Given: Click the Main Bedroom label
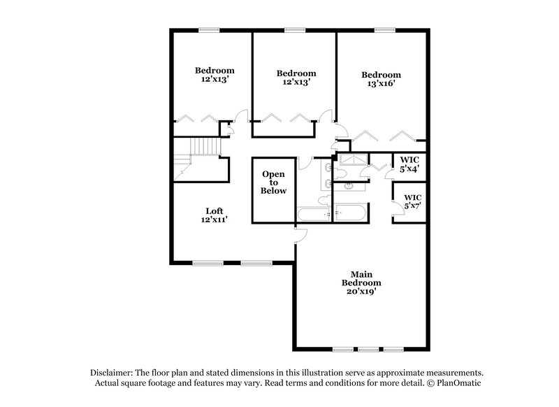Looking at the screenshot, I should (x=361, y=283).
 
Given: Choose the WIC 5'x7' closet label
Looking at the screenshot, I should (x=412, y=201).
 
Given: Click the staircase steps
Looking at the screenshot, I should (x=206, y=147).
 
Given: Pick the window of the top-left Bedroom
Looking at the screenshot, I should (x=208, y=29).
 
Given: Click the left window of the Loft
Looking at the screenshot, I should (x=204, y=263).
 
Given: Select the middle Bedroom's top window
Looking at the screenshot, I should (x=295, y=29).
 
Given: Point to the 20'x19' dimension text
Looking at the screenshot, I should (x=361, y=292).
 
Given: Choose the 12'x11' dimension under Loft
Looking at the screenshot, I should (x=215, y=220).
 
